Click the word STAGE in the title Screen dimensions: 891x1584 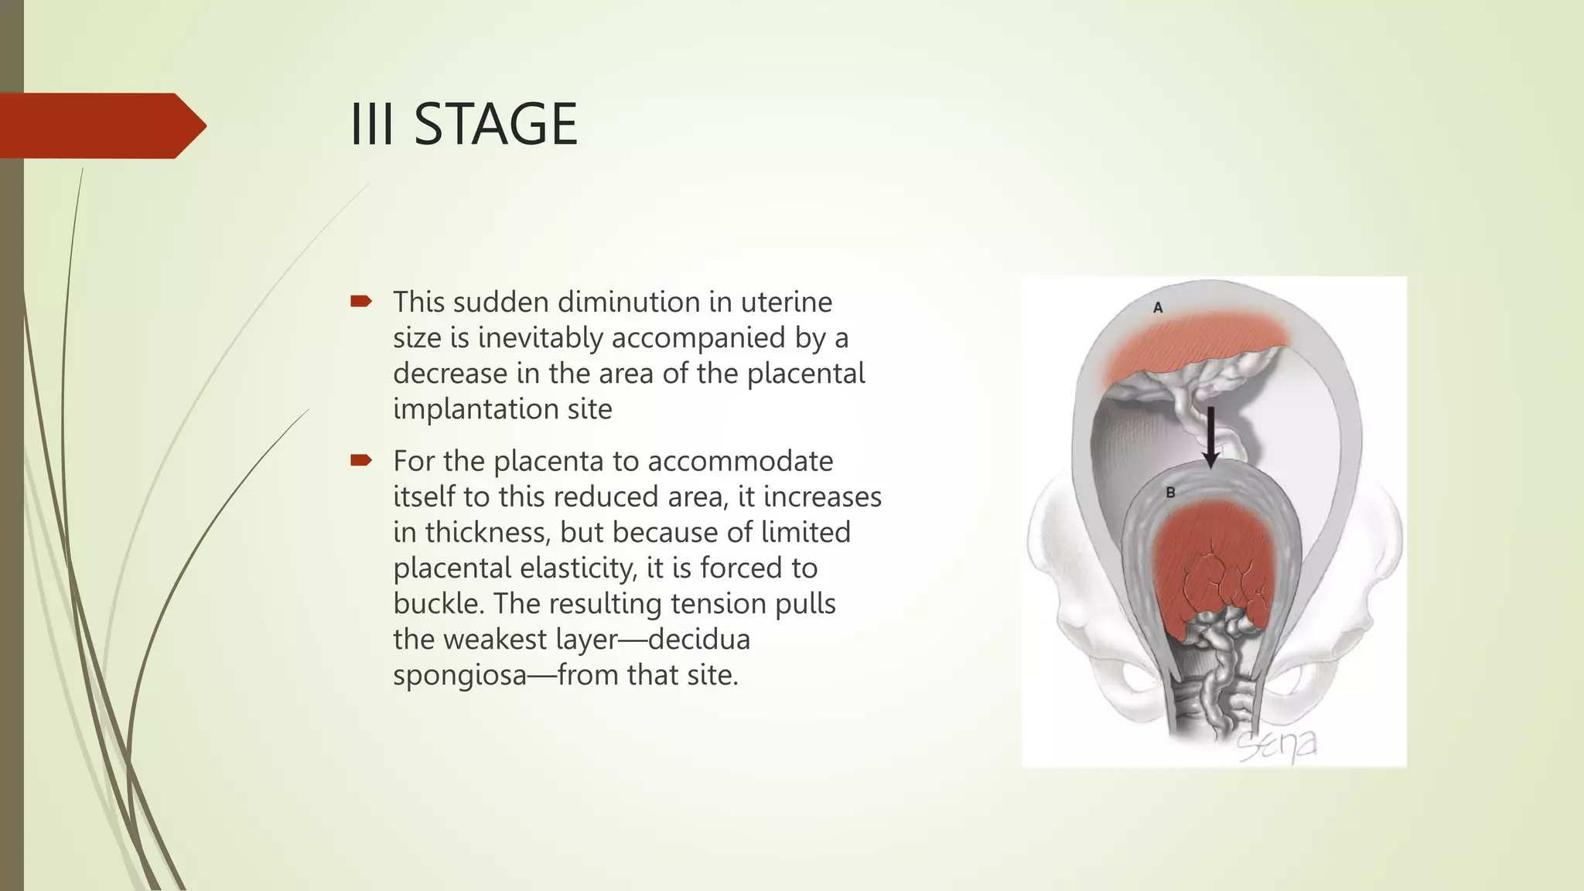[496, 125]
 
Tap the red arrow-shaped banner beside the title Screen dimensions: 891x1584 [101, 125]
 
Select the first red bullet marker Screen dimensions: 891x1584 [361, 301]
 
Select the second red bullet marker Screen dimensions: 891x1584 [361, 461]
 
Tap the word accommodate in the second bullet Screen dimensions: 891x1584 [740, 461]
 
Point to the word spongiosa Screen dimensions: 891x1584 [459, 675]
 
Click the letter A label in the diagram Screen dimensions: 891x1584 [1158, 308]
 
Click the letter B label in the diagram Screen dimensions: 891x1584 [1170, 493]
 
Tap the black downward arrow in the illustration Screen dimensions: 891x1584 [1210, 437]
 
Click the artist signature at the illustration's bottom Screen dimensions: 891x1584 [1276, 746]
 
